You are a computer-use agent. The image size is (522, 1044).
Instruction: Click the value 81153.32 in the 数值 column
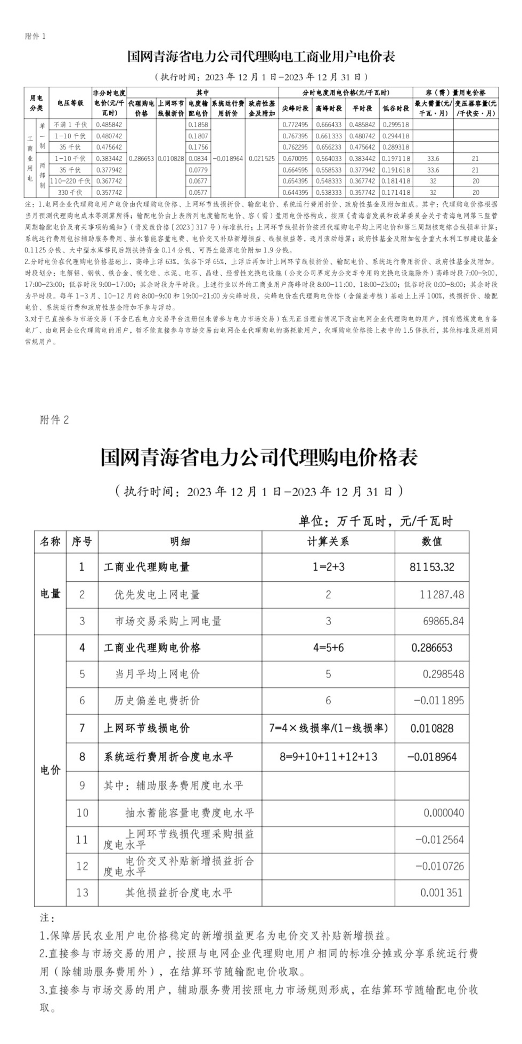tap(432, 567)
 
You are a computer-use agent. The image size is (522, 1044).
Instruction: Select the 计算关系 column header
tap(328, 541)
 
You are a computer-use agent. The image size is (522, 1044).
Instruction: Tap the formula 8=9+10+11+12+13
tap(328, 757)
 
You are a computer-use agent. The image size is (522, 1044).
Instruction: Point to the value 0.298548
tap(443, 674)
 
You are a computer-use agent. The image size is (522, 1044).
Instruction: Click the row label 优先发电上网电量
tap(157, 594)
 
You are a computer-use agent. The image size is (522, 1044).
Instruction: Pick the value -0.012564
tap(439, 840)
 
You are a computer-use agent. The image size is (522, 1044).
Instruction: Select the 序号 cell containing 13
tap(82, 892)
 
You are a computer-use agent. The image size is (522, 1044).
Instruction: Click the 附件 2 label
tap(54, 420)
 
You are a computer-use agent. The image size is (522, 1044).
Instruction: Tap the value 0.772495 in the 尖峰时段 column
tap(295, 124)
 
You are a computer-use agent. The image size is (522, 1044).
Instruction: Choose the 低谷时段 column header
tap(396, 108)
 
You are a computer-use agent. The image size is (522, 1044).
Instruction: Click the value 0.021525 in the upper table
tap(262, 159)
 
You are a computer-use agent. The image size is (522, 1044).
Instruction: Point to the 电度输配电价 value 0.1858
tap(198, 124)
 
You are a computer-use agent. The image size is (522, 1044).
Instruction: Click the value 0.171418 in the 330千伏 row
tap(396, 193)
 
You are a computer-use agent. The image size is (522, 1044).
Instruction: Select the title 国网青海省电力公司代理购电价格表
tap(259, 457)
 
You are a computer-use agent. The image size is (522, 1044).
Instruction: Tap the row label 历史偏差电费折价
tap(157, 701)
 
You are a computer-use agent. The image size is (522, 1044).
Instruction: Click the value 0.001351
tap(442, 892)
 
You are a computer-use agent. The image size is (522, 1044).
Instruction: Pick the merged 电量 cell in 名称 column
tap(51, 594)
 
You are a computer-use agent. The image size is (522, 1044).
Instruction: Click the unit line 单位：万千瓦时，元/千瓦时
tap(375, 521)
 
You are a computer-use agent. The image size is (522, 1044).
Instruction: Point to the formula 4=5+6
tap(328, 648)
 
